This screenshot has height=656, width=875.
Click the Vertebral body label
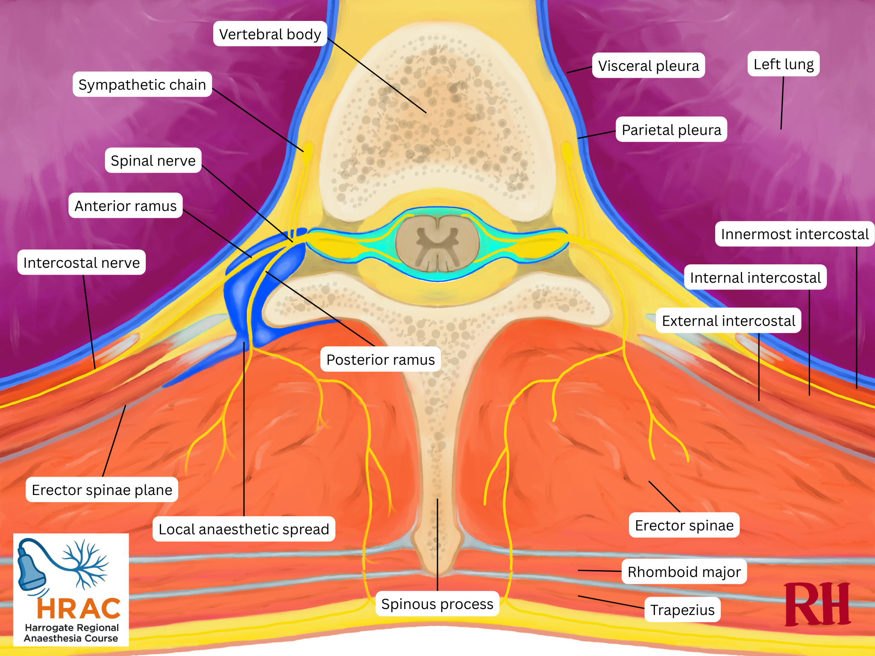[270, 34]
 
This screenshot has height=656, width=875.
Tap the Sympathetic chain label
[142, 85]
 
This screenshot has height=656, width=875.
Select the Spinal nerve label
[153, 161]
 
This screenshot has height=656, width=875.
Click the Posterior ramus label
[380, 360]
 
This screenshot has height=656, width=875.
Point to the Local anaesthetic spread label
[244, 529]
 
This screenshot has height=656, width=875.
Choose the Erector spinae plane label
[102, 490]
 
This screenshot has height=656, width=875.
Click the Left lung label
[783, 64]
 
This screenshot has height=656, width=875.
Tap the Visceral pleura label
[648, 66]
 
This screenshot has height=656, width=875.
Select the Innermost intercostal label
[794, 234]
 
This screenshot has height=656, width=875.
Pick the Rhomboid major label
[684, 571]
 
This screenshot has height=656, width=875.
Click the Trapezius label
[682, 610]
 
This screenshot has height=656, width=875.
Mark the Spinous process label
[437, 604]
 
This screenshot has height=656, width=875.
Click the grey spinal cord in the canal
[437, 244]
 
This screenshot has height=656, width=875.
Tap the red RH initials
[817, 605]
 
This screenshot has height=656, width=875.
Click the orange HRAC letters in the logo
[79, 609]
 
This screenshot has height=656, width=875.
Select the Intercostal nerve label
[81, 262]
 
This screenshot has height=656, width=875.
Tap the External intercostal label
[728, 320]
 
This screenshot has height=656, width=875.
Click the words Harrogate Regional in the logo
[72, 627]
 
